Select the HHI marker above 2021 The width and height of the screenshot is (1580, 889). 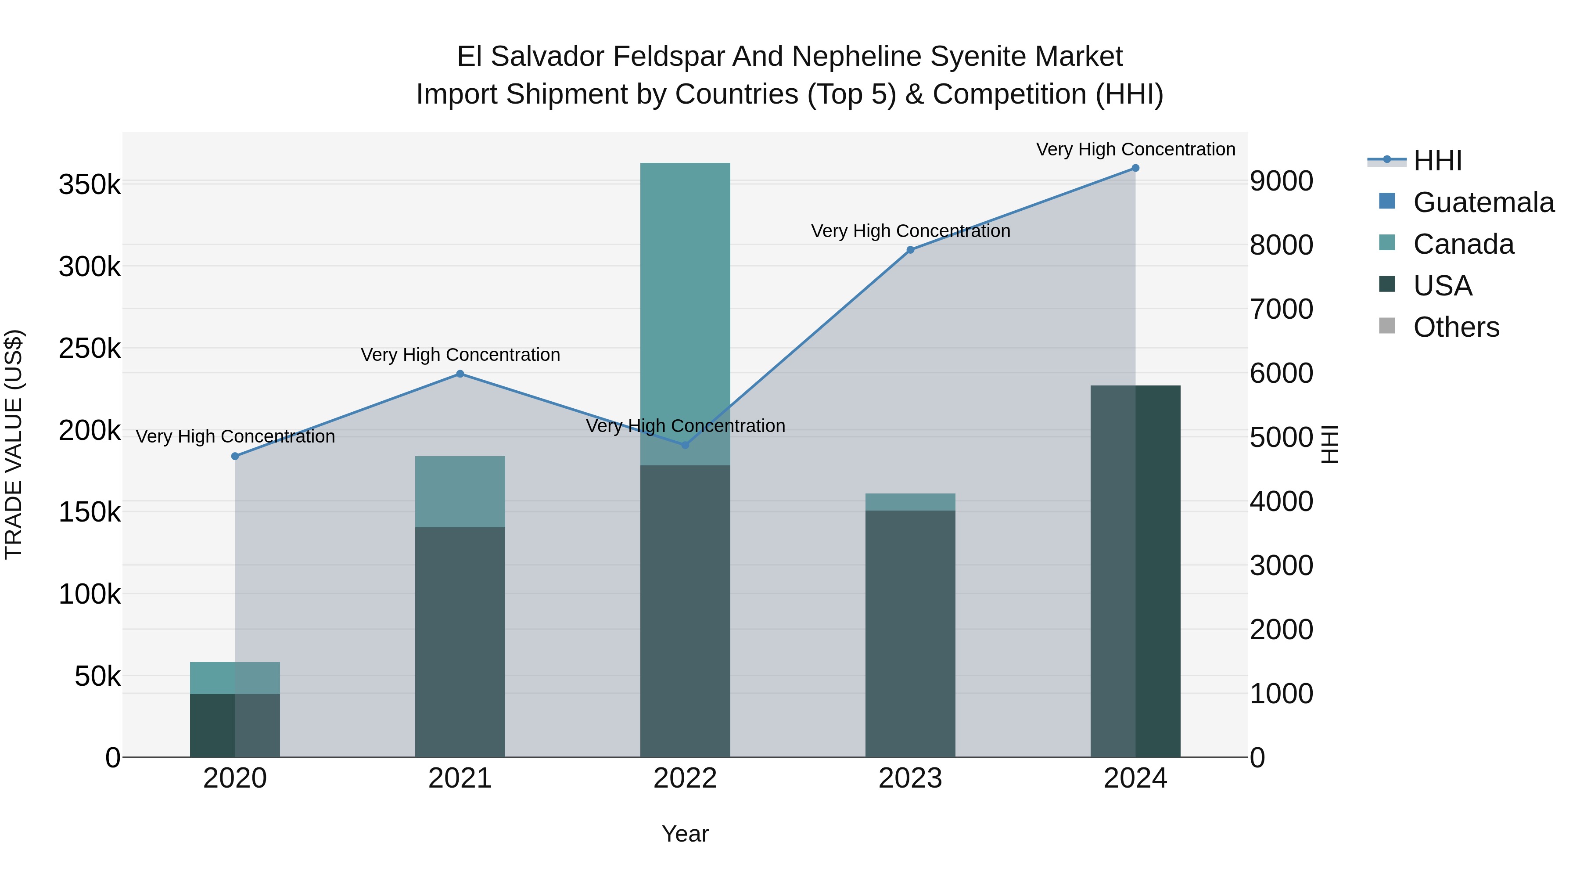pyautogui.click(x=460, y=374)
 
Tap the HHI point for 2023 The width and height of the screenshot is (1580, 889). pyautogui.click(x=910, y=250)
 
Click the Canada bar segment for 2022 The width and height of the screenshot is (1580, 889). pyautogui.click(x=685, y=313)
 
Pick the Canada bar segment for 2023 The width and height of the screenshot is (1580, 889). pyautogui.click(x=910, y=502)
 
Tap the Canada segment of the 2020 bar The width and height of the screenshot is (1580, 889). pyautogui.click(x=235, y=678)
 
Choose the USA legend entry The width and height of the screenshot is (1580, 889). pyautogui.click(x=1442, y=286)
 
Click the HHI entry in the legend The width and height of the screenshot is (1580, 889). pyautogui.click(x=1437, y=161)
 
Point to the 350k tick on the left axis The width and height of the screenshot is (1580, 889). pyautogui.click(x=90, y=185)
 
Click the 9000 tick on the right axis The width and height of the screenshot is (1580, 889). pyautogui.click(x=1281, y=182)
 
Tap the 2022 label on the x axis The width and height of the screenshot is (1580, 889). pyautogui.click(x=685, y=778)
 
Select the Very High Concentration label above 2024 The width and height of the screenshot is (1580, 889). pyautogui.click(x=1135, y=150)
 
